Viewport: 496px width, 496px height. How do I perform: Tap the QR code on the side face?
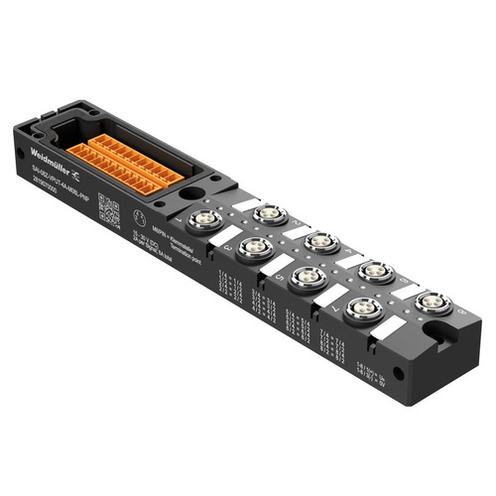click(x=111, y=214)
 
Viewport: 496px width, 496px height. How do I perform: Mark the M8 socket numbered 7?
click(x=365, y=309)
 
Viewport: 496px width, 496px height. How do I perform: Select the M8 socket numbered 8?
click(x=434, y=302)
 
